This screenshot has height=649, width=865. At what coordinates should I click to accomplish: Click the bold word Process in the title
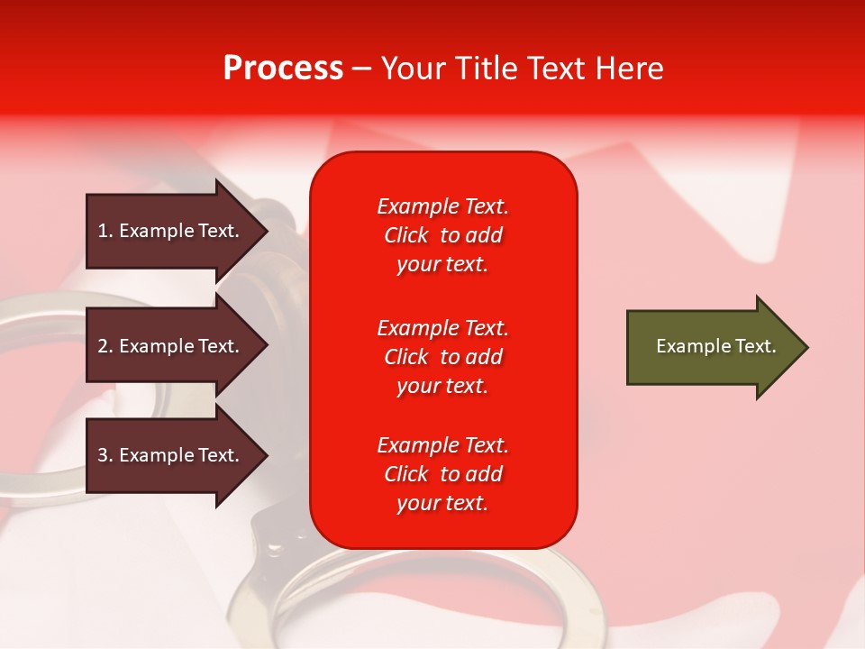284,69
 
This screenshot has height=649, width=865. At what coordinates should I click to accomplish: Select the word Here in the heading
629,69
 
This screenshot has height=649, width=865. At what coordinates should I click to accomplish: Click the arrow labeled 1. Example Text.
178,231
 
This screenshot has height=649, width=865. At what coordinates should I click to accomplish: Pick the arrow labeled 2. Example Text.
178,345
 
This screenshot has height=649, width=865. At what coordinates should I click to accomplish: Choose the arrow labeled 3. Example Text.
178,454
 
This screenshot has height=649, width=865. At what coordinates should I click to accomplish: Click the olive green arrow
717,346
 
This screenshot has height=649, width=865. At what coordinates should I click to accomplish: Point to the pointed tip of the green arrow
808,347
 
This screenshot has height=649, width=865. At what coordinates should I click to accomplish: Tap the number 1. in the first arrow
105,231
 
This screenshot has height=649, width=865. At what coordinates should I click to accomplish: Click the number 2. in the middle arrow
105,346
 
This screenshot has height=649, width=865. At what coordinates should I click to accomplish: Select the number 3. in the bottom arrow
105,455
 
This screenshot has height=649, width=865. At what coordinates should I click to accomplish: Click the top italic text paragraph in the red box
443,235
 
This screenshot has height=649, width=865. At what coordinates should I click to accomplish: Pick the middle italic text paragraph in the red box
443,357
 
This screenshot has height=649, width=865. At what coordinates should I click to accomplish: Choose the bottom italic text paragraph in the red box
443,474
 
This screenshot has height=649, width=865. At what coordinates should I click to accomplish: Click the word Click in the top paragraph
406,235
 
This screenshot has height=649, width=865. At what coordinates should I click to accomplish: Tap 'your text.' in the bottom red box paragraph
442,503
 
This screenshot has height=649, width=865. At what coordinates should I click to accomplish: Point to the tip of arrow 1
269,232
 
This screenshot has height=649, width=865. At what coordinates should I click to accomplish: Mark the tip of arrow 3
269,455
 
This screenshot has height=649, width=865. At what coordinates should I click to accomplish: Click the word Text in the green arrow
756,346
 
